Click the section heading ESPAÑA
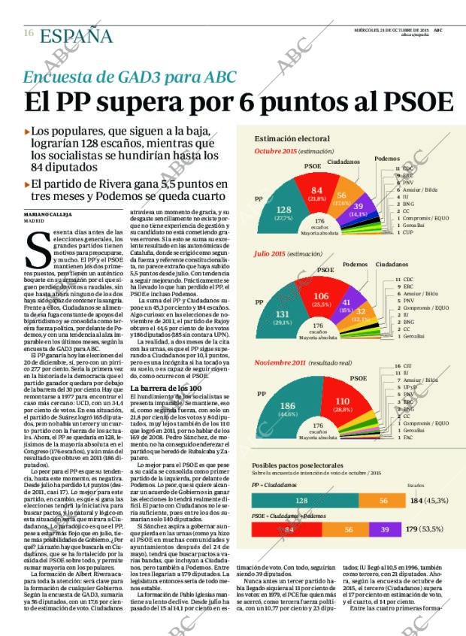(76, 35)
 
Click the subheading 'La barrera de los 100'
(165, 388)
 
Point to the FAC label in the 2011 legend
(407, 437)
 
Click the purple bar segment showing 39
(384, 530)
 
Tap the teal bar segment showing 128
(301, 500)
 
